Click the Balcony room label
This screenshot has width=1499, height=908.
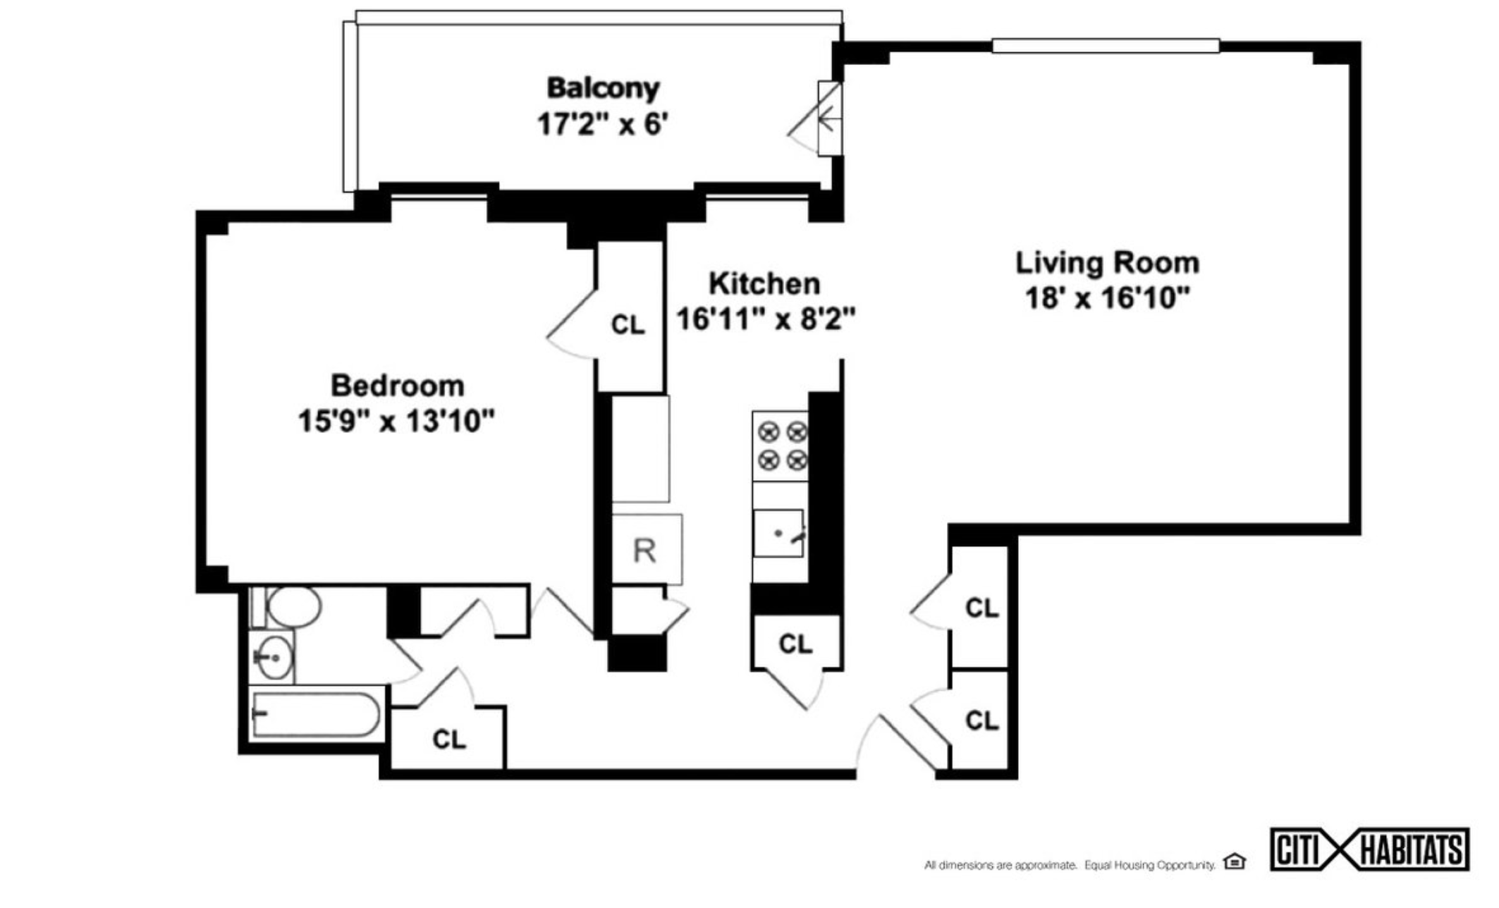[x=603, y=88]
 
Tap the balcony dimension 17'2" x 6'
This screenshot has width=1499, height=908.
[x=602, y=125]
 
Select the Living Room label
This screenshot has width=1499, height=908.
[x=1107, y=263]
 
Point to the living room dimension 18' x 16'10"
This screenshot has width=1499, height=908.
[x=1107, y=298]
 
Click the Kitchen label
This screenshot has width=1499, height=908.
[x=764, y=283]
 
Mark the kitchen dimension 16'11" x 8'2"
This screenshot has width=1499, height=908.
[x=766, y=319]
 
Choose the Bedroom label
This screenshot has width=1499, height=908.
[x=398, y=386]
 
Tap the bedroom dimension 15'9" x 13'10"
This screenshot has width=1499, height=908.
[x=396, y=422]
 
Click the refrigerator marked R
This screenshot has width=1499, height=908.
[x=645, y=551]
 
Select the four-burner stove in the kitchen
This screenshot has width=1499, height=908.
[x=781, y=446]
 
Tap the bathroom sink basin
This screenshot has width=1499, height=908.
[x=272, y=658]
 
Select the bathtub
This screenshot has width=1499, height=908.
[x=317, y=715]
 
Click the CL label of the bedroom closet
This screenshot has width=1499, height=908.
[x=628, y=325]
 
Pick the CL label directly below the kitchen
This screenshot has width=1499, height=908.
[x=795, y=644]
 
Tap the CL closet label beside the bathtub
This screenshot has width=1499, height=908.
[x=449, y=740]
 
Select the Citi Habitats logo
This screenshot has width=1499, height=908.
[x=1369, y=849]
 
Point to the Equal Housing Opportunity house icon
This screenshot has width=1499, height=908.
[x=1234, y=861]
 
